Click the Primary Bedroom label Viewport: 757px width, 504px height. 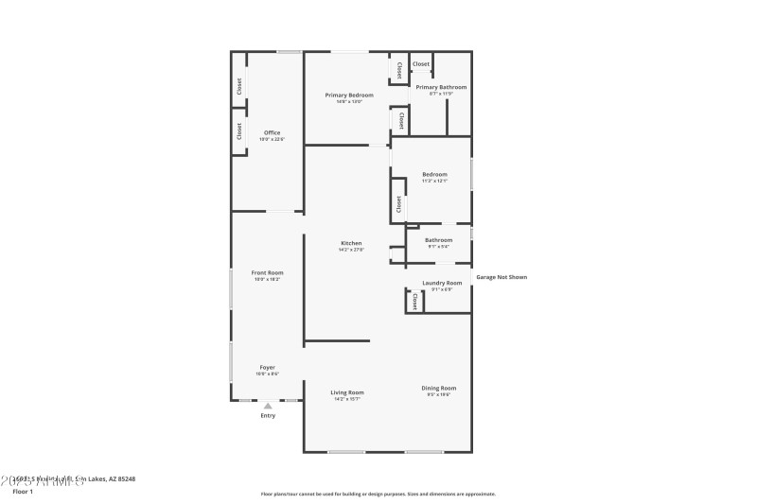pyautogui.click(x=349, y=95)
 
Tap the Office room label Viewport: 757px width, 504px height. pyautogui.click(x=272, y=132)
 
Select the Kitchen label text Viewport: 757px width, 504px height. pyautogui.click(x=351, y=243)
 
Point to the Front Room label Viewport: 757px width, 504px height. pyautogui.click(x=268, y=272)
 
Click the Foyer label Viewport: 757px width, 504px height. pyautogui.click(x=268, y=367)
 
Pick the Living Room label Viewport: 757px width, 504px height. pyautogui.click(x=347, y=392)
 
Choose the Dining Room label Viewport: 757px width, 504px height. pyautogui.click(x=439, y=388)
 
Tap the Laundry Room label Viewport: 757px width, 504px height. pyautogui.click(x=442, y=283)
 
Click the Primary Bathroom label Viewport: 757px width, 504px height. pyautogui.click(x=441, y=87)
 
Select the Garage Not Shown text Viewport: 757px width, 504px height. pyautogui.click(x=501, y=277)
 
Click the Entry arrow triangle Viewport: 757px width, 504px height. pyautogui.click(x=268, y=406)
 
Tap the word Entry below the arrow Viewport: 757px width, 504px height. pyautogui.click(x=268, y=415)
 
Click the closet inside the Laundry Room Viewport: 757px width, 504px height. pyautogui.click(x=414, y=302)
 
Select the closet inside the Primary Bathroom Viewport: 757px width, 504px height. pyautogui.click(x=421, y=64)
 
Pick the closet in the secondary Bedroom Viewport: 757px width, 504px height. pyautogui.click(x=398, y=203)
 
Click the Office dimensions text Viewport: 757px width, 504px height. pyautogui.click(x=272, y=139)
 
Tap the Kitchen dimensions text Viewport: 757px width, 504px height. pyautogui.click(x=351, y=250)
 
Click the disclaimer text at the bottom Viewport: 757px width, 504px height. pyautogui.click(x=378, y=494)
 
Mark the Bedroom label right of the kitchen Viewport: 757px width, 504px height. pyautogui.click(x=434, y=174)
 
